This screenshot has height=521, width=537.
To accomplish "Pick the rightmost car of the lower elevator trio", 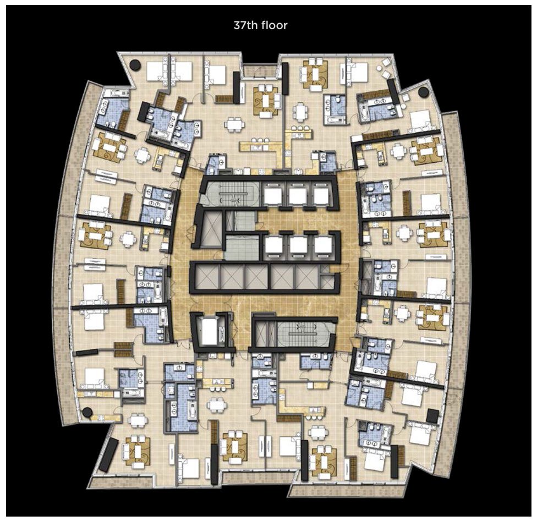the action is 322,244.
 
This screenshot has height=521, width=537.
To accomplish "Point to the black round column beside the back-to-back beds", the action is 135,65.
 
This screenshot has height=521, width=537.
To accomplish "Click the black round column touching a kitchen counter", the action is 87,412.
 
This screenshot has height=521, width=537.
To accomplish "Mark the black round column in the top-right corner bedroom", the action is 423,92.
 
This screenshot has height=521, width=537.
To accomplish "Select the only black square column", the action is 432,416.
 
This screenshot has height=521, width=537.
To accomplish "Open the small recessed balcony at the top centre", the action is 261,70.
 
